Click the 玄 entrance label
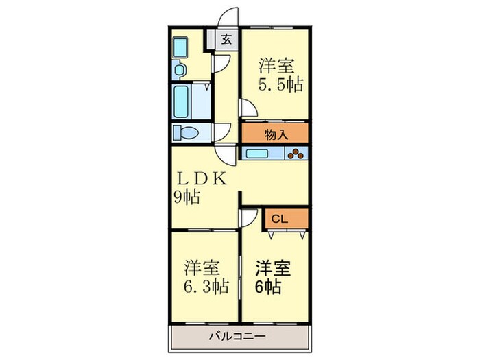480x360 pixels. click(226, 39)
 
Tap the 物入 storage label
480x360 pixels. click(274, 134)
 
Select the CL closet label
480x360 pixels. click(279, 219)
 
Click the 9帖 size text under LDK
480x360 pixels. click(187, 198)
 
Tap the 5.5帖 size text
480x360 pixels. click(280, 86)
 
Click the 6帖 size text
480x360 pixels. click(269, 286)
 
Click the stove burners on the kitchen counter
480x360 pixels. click(296, 154)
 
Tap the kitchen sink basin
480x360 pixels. click(259, 154)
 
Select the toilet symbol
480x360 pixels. click(184, 132)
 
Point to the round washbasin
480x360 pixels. click(179, 69)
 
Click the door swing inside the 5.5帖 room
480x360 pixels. click(248, 108)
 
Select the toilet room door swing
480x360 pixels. click(221, 132)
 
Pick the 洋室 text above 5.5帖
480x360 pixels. click(276, 67)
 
